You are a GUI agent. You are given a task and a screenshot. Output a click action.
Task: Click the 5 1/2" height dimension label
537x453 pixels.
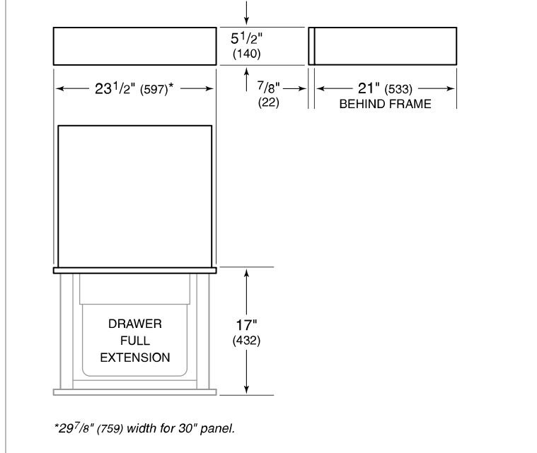tap(247, 38)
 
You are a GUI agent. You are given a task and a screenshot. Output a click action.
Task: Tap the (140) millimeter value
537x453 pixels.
tap(247, 54)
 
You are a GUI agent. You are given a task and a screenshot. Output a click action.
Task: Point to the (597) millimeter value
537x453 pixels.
tap(154, 90)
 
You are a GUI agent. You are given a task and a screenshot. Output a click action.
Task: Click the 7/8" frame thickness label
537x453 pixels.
tap(269, 87)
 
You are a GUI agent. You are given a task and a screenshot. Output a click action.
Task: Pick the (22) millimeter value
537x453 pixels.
tap(269, 102)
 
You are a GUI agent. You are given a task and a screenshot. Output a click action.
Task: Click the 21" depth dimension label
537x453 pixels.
tap(369, 88)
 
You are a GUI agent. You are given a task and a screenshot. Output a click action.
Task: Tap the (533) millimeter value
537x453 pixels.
tap(398, 89)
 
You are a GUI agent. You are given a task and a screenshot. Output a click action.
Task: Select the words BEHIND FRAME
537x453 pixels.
tap(386, 104)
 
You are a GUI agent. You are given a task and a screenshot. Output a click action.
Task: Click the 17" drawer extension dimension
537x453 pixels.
tap(247, 325)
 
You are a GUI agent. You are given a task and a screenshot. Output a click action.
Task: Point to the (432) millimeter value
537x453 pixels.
tap(247, 341)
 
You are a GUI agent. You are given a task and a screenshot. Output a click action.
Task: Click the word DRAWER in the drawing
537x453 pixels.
tap(135, 324)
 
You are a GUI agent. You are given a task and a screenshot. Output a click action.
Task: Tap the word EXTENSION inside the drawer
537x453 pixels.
tap(135, 358)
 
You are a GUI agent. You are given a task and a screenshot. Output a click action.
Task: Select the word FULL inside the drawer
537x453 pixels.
tap(135, 341)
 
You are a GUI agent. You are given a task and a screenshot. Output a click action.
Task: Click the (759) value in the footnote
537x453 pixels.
tap(110, 429)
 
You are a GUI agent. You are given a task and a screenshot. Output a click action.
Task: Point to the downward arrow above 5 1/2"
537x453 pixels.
tap(247, 13)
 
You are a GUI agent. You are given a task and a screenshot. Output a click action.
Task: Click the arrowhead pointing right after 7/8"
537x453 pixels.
tap(302, 88)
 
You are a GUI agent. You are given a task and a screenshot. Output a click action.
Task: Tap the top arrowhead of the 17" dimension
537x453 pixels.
tap(247, 273)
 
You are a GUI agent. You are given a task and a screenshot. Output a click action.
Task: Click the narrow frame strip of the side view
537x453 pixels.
tap(311, 46)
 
